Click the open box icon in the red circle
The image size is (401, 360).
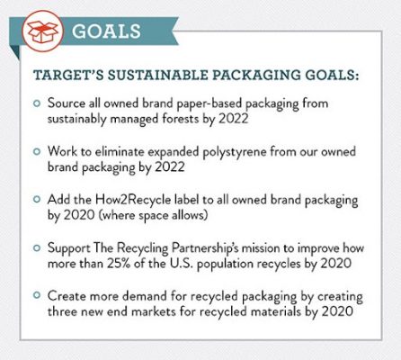coord(42,31)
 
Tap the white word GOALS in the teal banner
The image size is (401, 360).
coord(106,31)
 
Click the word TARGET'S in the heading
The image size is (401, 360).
coord(68,75)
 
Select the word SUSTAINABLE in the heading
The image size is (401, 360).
coord(157,75)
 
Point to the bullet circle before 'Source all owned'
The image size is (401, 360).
coord(37,103)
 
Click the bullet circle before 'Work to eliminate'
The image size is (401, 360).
coord(37,151)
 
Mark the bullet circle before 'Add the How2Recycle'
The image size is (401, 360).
coord(37,200)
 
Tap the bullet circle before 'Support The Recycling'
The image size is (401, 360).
coord(37,248)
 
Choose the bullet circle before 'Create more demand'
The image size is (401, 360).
coord(37,295)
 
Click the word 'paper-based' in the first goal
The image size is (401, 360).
coord(209,103)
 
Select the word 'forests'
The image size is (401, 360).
coord(181,119)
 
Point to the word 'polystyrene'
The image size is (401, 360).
coord(235,152)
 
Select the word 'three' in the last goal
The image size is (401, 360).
coord(62,311)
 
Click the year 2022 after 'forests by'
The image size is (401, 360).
coord(234,119)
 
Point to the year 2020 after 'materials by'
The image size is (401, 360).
coord(337,311)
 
